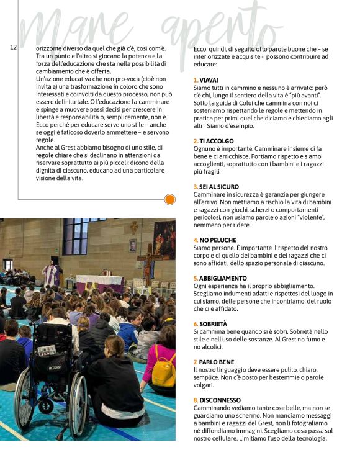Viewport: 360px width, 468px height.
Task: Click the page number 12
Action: point(13,47)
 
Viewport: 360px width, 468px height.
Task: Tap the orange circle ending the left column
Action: point(169,199)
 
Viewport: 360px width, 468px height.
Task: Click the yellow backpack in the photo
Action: point(163,370)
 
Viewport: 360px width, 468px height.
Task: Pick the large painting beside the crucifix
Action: point(164,240)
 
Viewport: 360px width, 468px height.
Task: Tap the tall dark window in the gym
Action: point(76,236)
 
